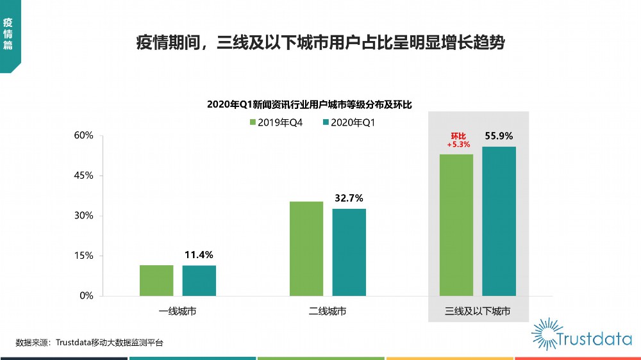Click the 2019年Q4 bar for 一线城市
tap(156, 280)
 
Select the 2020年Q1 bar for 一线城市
tap(199, 280)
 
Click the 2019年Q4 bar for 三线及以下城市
tap(456, 225)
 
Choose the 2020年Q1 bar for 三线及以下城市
tap(499, 221)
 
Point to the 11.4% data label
tap(199, 255)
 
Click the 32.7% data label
tap(349, 198)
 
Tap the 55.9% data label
tap(499, 136)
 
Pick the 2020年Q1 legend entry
tap(349, 122)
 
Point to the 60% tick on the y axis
tap(84, 136)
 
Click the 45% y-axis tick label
tap(84, 176)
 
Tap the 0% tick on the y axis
tap(87, 296)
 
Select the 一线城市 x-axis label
tap(178, 312)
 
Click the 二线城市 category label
tap(328, 312)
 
